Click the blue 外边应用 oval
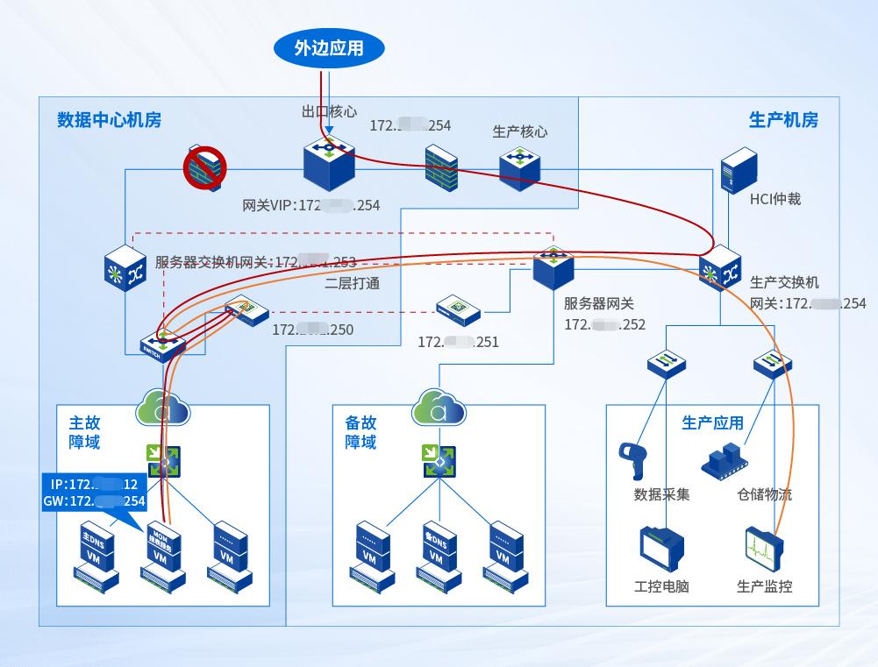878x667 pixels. pos(329,48)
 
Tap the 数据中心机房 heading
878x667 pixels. pos(109,120)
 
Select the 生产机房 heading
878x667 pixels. pos(783,120)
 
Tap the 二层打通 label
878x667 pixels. pos(352,283)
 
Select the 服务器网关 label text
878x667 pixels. pos(599,304)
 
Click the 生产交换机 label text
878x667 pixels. pos(784,283)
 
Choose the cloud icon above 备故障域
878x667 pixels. pos(439,407)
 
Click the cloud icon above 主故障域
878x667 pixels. pos(164,407)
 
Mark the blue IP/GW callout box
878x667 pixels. pos(95,493)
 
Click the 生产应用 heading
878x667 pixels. pos(712,423)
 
